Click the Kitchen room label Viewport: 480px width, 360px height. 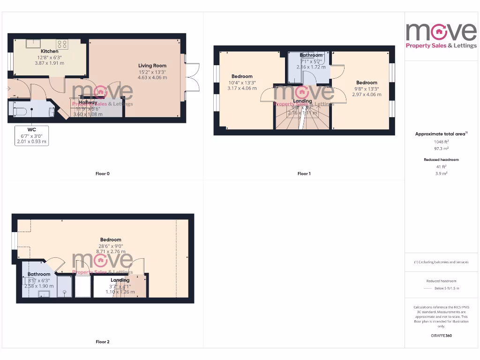click(x=50, y=51)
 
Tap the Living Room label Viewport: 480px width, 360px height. click(x=152, y=66)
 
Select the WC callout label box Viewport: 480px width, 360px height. click(x=31, y=135)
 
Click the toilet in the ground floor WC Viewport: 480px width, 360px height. click(x=17, y=110)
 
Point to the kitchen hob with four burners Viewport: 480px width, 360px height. click(x=63, y=44)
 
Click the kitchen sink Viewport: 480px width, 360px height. click(x=33, y=44)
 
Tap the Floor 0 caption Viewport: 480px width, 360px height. click(x=103, y=174)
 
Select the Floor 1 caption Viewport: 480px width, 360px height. click(x=304, y=174)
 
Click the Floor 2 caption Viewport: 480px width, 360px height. click(x=103, y=342)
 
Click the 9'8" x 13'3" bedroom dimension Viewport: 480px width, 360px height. click(x=367, y=89)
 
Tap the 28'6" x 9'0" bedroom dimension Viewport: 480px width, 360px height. click(x=111, y=246)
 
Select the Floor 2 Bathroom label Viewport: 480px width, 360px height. click(x=39, y=274)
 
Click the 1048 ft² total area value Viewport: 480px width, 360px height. click(x=441, y=142)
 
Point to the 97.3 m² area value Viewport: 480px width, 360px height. click(x=441, y=148)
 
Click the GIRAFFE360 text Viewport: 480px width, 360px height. click(x=441, y=336)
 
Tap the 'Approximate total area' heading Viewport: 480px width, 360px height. click(x=441, y=134)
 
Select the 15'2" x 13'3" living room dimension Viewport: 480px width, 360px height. click(x=152, y=72)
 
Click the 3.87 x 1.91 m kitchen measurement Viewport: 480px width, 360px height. click(x=50, y=63)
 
